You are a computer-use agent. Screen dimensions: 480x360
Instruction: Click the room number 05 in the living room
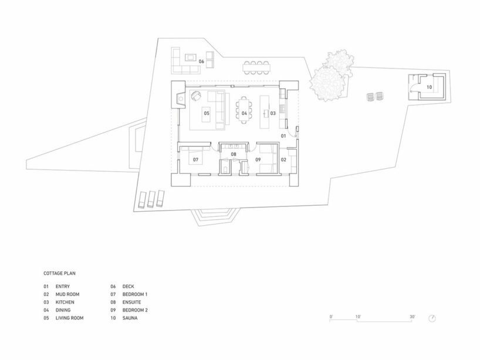[x=207, y=113]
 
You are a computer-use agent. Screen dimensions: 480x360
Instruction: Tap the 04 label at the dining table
[x=244, y=113]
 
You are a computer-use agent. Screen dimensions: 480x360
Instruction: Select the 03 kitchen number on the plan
[x=273, y=113]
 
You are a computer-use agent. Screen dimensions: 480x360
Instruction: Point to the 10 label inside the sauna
[x=429, y=87]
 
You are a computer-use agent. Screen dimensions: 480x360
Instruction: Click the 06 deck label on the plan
[x=201, y=62]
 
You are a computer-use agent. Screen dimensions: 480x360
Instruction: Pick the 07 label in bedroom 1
[x=195, y=159]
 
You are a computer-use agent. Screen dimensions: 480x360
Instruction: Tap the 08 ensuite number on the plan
[x=234, y=154]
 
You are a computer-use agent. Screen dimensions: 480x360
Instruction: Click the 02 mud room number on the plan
[x=283, y=159]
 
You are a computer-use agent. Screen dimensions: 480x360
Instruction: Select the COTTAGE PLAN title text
[x=59, y=273]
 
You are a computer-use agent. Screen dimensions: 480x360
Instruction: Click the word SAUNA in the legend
[x=130, y=318]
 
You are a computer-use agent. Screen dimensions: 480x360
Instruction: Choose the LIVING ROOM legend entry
[x=69, y=318]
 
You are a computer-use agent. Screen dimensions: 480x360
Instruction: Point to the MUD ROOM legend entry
[x=67, y=294]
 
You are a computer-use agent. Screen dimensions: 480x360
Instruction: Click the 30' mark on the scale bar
[x=413, y=317]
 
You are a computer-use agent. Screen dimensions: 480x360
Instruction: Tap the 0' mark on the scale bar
[x=331, y=317]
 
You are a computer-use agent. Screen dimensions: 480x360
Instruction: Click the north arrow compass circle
[x=432, y=318]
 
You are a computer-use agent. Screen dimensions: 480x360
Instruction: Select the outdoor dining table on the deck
[x=257, y=67]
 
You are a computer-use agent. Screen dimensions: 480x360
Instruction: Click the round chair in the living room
[x=195, y=96]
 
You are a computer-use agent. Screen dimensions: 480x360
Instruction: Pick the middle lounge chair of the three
[x=151, y=199]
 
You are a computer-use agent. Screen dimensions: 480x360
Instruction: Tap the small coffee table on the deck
[x=191, y=57]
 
